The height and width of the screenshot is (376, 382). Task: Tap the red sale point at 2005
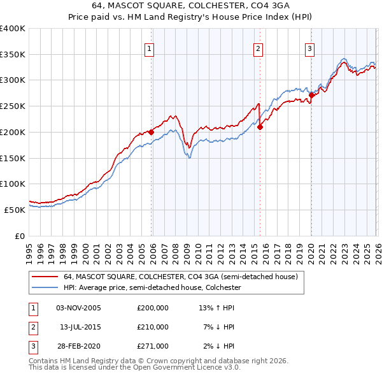tap(151, 133)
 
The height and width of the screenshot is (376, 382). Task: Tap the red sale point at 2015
tap(260, 127)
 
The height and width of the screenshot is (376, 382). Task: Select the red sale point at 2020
tap(311, 96)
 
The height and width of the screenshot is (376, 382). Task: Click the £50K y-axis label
tap(15, 210)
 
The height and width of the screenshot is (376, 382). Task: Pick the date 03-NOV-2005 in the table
tap(78, 308)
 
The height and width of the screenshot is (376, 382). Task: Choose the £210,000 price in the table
tap(153, 327)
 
